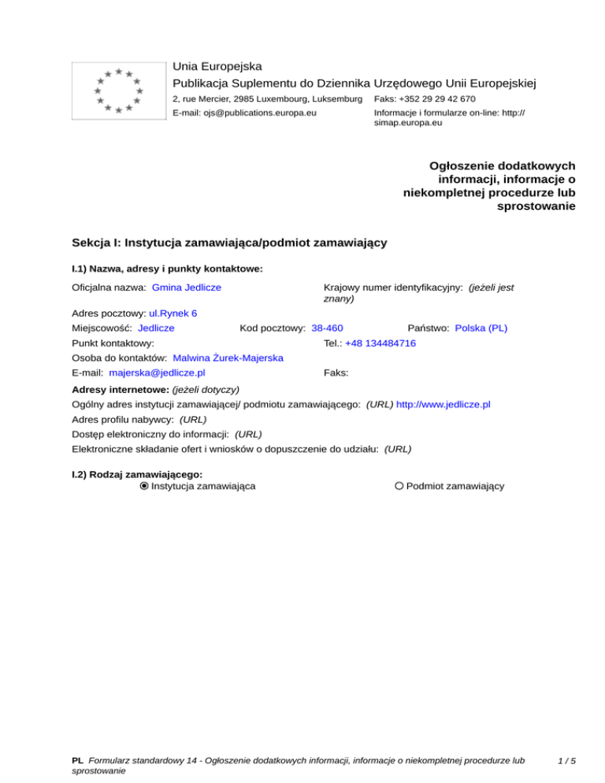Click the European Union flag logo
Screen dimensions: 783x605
(x=117, y=91)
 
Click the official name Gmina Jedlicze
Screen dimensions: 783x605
(x=186, y=288)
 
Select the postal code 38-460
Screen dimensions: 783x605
(x=327, y=328)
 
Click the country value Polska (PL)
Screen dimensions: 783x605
(x=481, y=328)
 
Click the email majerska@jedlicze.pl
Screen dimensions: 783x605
(x=158, y=373)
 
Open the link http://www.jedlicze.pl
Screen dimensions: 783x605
(x=444, y=404)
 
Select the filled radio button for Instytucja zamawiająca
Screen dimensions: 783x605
(x=143, y=486)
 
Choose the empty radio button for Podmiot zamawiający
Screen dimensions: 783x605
(x=399, y=486)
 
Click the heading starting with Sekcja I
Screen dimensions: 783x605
(x=228, y=243)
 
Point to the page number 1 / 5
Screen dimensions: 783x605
(x=565, y=761)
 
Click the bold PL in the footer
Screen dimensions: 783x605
(x=77, y=761)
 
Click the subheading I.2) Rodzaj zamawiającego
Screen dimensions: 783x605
(x=137, y=474)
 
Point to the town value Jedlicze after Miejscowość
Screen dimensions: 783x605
(x=156, y=328)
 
